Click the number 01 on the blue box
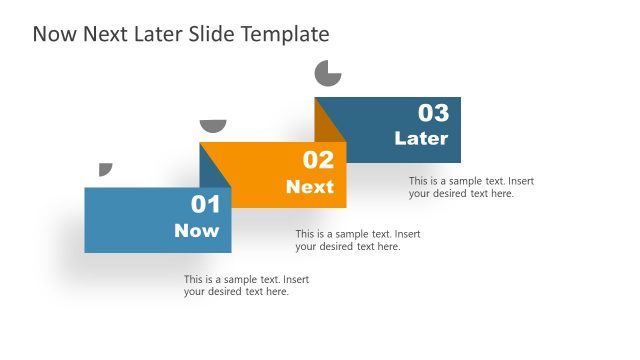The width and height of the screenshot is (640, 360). (x=205, y=205)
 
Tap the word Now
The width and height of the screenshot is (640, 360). (x=196, y=231)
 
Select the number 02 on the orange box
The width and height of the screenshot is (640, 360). (x=318, y=160)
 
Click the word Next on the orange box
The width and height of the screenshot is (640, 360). (x=310, y=187)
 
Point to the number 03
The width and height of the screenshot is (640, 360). (x=433, y=112)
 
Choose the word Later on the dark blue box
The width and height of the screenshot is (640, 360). (x=421, y=139)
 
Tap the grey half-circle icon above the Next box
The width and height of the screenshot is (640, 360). (x=213, y=125)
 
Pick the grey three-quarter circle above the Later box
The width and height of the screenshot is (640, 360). (x=327, y=74)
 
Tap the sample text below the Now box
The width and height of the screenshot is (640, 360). (x=246, y=285)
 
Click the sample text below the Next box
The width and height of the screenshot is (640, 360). (x=357, y=240)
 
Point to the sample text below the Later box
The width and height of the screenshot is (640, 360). (x=471, y=187)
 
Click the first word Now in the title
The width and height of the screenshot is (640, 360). (x=52, y=35)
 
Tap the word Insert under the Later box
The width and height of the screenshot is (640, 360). (x=522, y=181)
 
